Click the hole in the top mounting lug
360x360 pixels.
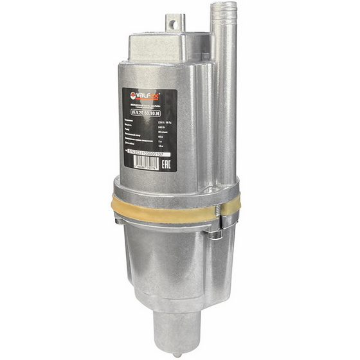tap(172, 22)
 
